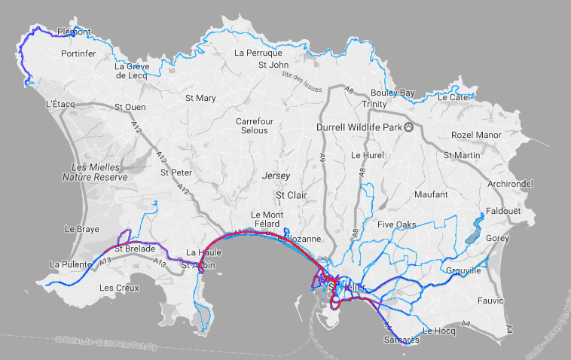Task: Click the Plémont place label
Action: coord(74,32)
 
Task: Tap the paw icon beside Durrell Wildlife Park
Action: coord(409,127)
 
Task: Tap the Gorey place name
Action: coord(497,237)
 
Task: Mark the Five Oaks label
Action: coord(396,224)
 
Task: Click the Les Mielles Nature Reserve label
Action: coord(95,172)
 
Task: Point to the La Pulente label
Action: coord(69,264)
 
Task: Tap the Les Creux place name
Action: coord(119,288)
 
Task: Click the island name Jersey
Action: coord(276,175)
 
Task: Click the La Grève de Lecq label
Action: coord(133,70)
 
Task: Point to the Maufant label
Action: coord(430,194)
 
